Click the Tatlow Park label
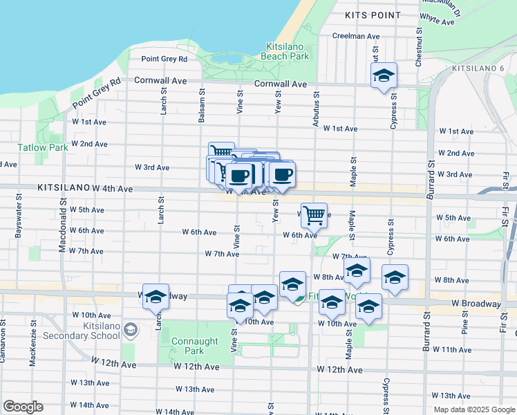tap(43, 147)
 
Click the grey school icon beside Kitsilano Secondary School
tap(131, 331)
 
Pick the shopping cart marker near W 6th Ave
tap(314, 215)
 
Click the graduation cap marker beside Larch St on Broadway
tap(156, 296)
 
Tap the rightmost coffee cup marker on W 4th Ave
tap(282, 175)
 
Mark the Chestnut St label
tap(419, 48)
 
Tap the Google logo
tap(23, 407)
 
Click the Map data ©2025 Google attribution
tap(473, 409)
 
